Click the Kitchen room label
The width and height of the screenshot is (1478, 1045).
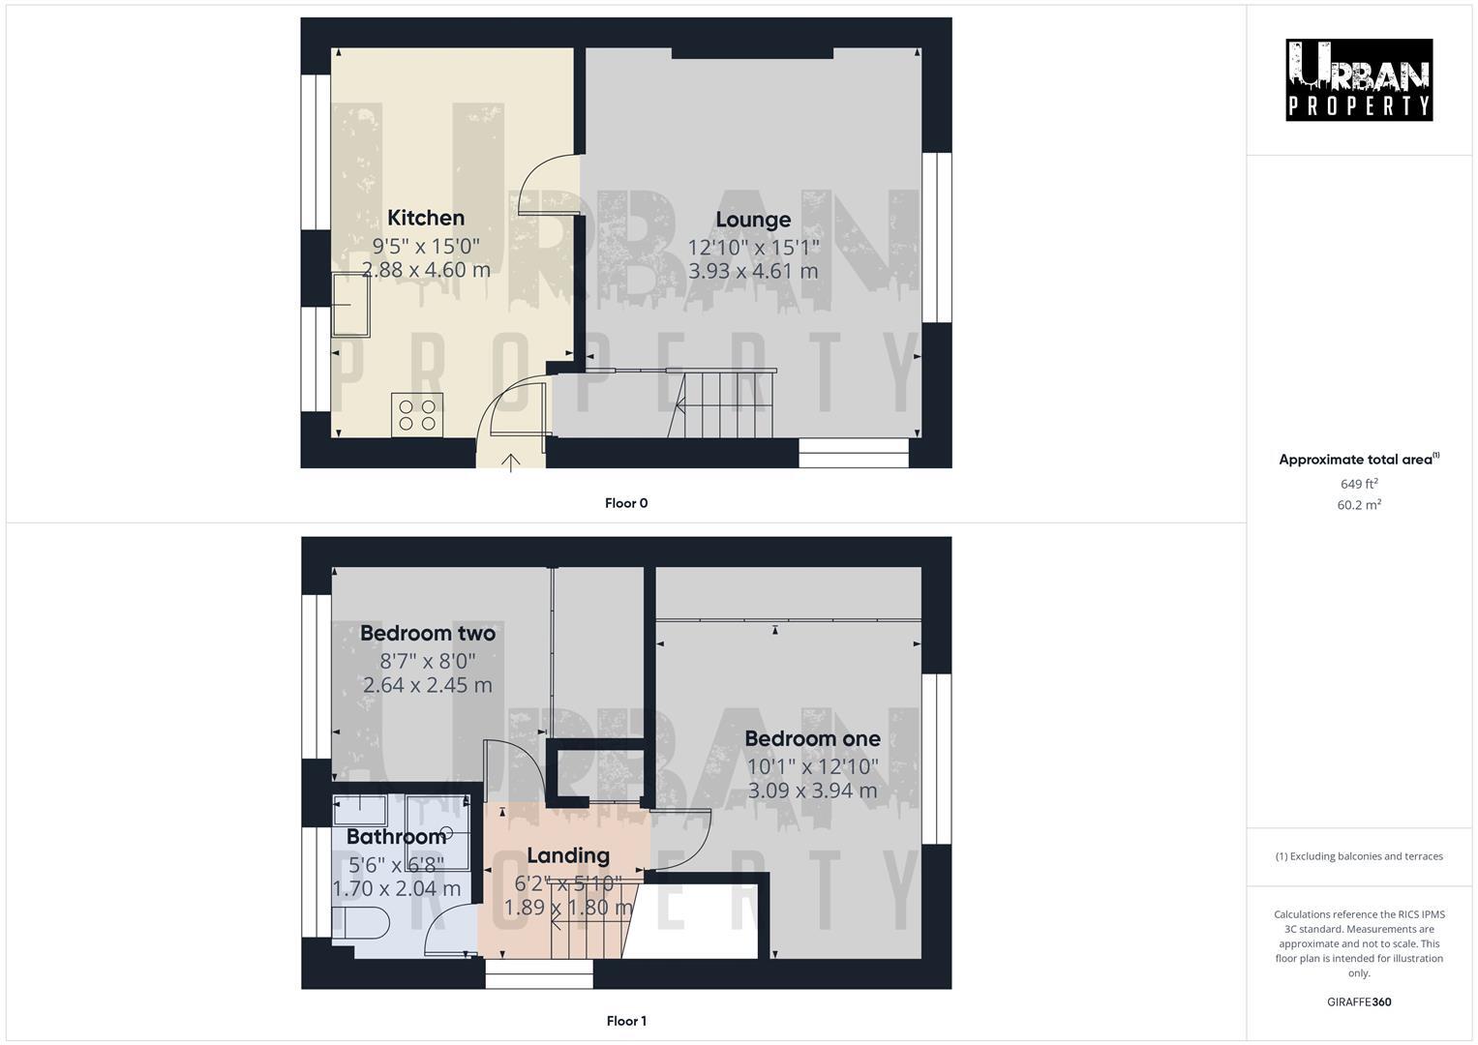pyautogui.click(x=426, y=218)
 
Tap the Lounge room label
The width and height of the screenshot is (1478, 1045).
pyautogui.click(x=753, y=220)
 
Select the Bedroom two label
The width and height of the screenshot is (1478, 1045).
pyautogui.click(x=428, y=634)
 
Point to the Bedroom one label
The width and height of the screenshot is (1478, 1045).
pyautogui.click(x=812, y=739)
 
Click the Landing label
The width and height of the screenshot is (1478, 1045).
pyautogui.click(x=568, y=855)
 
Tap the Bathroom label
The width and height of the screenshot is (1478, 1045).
pyautogui.click(x=396, y=837)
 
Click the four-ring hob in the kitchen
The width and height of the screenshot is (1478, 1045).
pyautogui.click(x=417, y=415)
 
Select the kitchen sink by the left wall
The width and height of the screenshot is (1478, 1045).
pyautogui.click(x=350, y=305)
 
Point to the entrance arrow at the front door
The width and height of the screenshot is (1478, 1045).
pyautogui.click(x=511, y=463)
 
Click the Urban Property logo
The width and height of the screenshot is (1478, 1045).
pyautogui.click(x=1358, y=80)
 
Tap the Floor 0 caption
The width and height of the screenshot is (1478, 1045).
pyautogui.click(x=626, y=503)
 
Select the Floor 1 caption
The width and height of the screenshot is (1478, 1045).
pyautogui.click(x=626, y=1021)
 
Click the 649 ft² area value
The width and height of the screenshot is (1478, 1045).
pyautogui.click(x=1359, y=484)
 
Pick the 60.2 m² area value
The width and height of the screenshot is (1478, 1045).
pyautogui.click(x=1359, y=504)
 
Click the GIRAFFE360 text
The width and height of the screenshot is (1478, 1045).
pyautogui.click(x=1359, y=1002)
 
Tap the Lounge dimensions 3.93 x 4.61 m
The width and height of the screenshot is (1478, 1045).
pyautogui.click(x=753, y=272)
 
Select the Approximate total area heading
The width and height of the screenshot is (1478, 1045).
pyautogui.click(x=1359, y=460)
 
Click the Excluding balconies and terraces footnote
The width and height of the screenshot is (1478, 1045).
pyautogui.click(x=1359, y=856)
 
